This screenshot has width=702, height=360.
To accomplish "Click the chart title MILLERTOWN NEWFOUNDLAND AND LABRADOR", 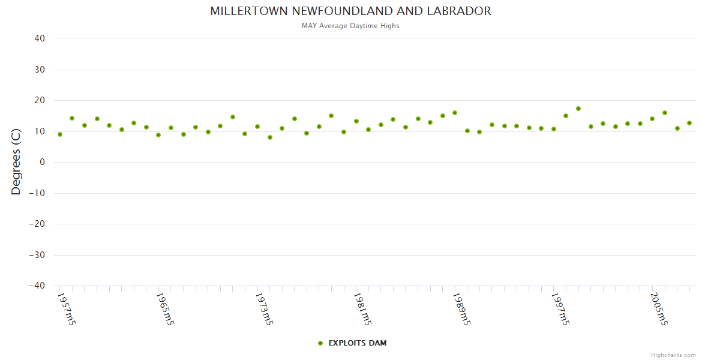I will (350, 11).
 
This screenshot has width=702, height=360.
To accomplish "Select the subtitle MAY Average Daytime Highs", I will (350, 26).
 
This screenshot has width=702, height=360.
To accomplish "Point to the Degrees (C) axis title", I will (16, 162).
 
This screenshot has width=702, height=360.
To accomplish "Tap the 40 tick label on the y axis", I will (40, 38).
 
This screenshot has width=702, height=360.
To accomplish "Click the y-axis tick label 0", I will (43, 162).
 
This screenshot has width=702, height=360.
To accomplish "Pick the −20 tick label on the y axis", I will (37, 224).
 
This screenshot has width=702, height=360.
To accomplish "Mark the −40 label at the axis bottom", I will (37, 286).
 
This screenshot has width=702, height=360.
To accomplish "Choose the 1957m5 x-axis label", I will (67, 309).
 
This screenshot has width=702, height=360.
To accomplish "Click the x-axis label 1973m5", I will (264, 309).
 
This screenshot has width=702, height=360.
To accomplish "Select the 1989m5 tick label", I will (461, 309).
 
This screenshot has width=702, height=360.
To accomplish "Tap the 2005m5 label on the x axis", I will (659, 309).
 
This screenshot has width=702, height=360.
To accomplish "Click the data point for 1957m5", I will (60, 134).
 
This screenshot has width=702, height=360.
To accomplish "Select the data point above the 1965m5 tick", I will (158, 135).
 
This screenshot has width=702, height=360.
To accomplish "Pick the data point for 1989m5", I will (455, 113).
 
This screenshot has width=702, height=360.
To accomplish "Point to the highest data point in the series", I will (578, 109).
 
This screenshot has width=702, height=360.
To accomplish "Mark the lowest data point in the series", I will (270, 137).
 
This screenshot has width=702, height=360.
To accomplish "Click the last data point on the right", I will (689, 123).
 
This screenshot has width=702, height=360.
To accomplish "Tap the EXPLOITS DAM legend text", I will (358, 343).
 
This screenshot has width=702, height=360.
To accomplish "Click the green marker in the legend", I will (320, 343).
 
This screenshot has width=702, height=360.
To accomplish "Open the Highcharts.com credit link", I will (673, 355).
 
